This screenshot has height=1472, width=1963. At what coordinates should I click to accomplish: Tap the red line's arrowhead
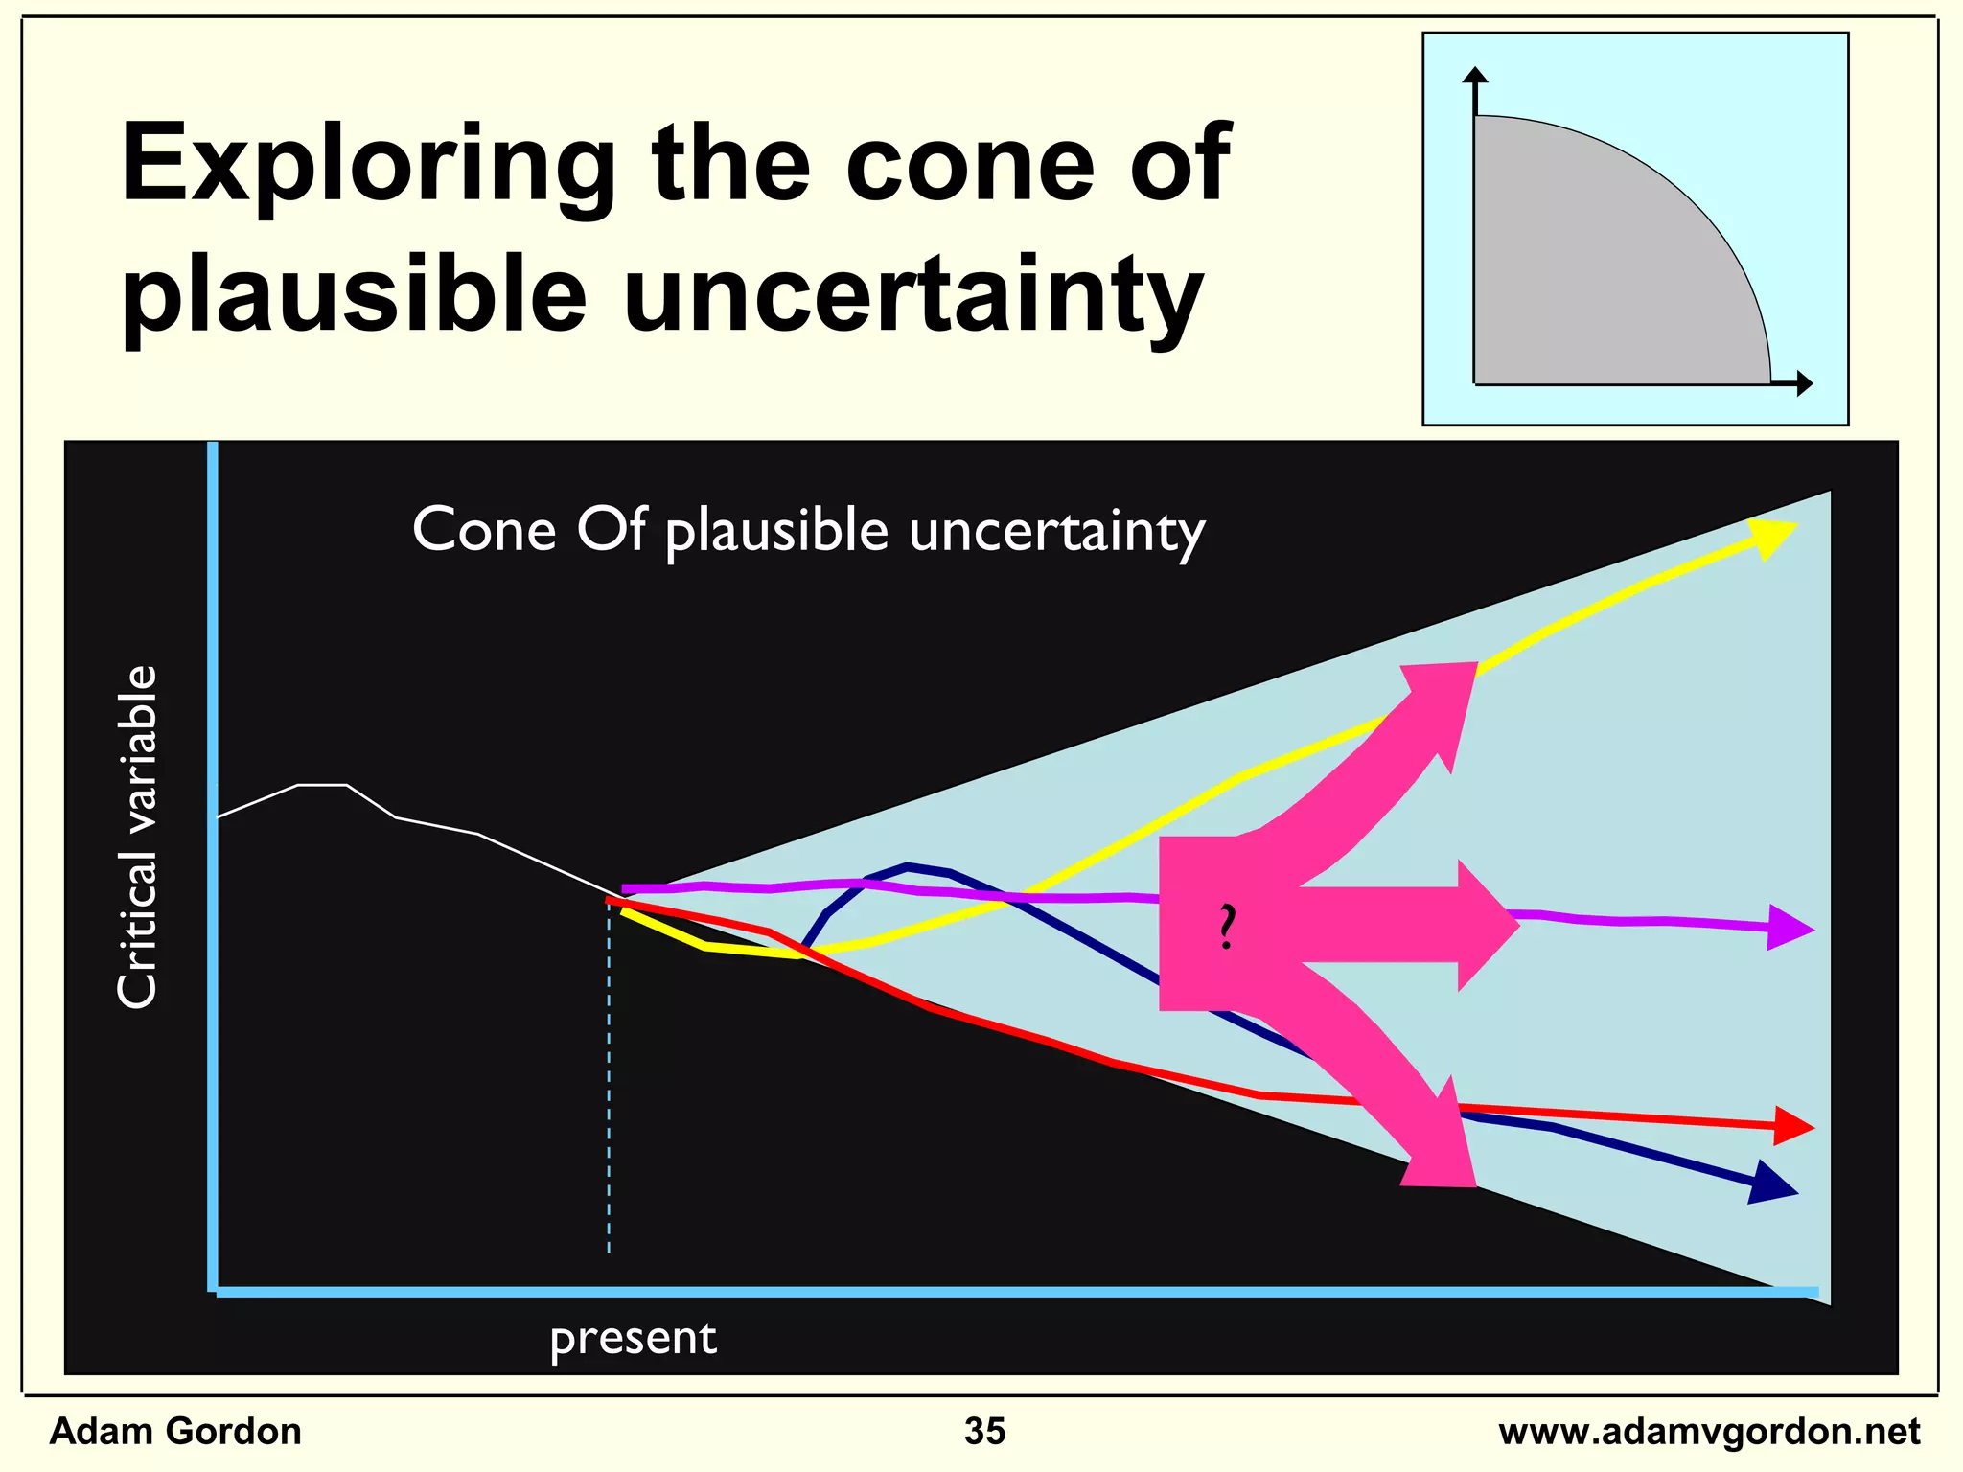(1792, 1126)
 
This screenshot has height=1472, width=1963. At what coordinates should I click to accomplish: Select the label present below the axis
(633, 1339)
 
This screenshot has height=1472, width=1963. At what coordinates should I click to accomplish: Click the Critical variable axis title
(137, 836)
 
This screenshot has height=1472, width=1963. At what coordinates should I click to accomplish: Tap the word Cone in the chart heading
(483, 529)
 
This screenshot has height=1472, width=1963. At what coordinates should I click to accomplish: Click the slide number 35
(984, 1431)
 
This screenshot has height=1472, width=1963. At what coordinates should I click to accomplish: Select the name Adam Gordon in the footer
(175, 1431)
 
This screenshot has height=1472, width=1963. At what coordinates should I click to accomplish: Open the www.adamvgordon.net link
(1708, 1432)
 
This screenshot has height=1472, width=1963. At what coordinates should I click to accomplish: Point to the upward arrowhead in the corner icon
(1476, 76)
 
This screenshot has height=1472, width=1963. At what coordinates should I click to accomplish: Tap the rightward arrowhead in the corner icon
(1804, 383)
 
